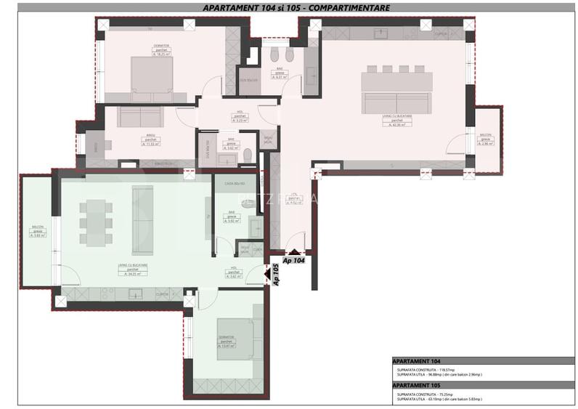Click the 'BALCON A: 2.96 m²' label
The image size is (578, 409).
[x=486, y=139]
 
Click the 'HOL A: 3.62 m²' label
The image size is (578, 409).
[x=235, y=273]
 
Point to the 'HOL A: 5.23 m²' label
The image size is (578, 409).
[x=239, y=117]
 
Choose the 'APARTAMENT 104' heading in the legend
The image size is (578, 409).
[x=415, y=361]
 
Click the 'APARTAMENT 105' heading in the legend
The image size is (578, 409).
[x=415, y=385]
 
